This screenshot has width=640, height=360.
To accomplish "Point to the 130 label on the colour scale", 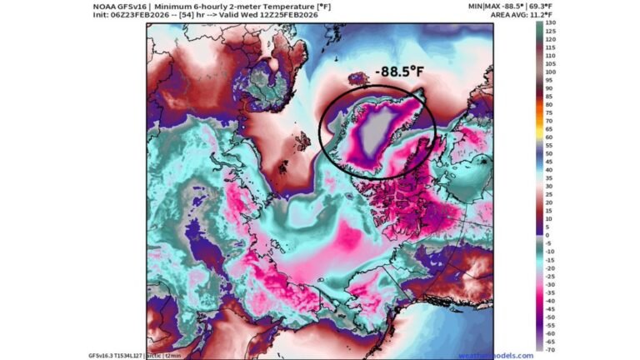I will pos(551,25).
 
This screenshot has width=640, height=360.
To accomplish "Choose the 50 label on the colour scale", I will pos(551,153).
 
